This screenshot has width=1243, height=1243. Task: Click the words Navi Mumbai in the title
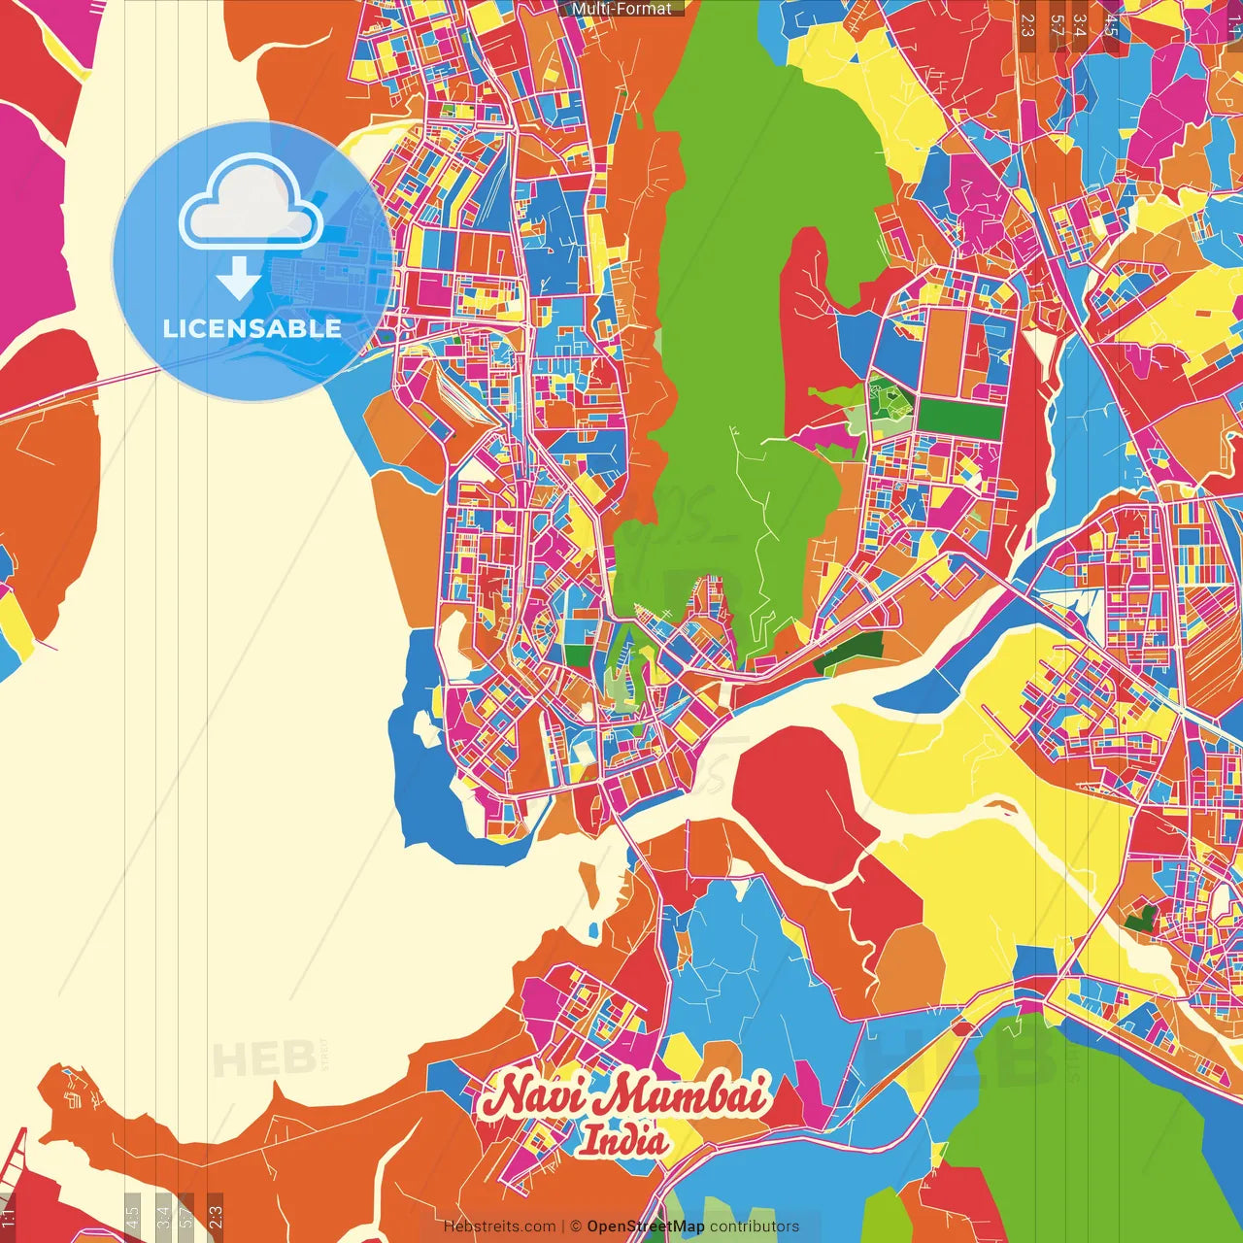[x=625, y=1095]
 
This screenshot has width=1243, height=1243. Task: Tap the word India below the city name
[x=623, y=1140]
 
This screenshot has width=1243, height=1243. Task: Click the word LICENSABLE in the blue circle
[x=252, y=328]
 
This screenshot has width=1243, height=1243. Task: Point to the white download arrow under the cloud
[x=239, y=280]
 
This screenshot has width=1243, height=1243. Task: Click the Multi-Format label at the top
[x=621, y=9]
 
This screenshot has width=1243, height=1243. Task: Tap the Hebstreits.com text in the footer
[x=499, y=1226]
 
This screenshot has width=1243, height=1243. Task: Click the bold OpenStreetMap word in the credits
[x=645, y=1226]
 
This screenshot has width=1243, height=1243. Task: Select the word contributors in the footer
[x=755, y=1226]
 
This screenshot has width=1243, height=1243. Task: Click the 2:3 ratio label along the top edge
[x=1027, y=25]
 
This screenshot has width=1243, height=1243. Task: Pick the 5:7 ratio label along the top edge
[x=1057, y=25]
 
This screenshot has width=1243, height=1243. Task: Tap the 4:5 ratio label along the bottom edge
[x=132, y=1216]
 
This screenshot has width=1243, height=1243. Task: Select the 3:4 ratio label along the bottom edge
[x=162, y=1216]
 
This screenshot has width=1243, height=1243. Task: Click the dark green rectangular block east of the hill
[x=960, y=418]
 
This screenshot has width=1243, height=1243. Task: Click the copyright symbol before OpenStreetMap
[x=576, y=1226]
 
